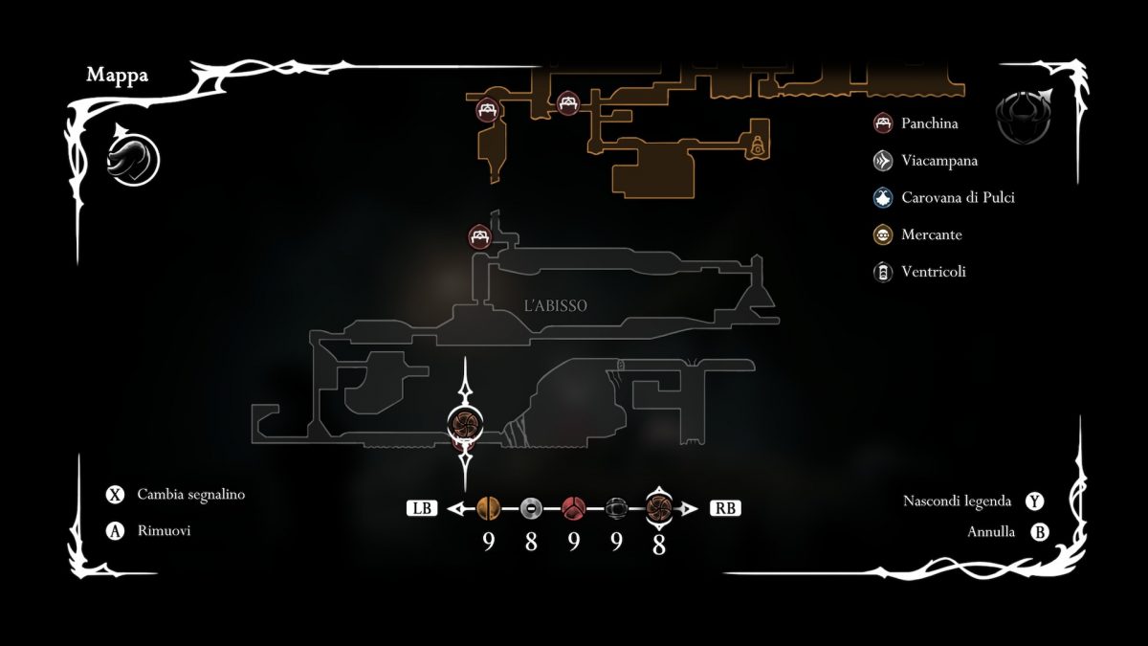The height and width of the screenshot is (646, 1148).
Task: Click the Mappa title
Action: click(x=118, y=76)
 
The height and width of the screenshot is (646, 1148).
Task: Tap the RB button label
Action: click(x=725, y=508)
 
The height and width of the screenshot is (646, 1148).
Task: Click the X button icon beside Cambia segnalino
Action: click(x=116, y=495)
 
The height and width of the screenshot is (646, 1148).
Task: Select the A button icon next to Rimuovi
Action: click(x=116, y=531)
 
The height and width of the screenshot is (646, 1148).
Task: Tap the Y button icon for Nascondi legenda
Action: click(x=1034, y=501)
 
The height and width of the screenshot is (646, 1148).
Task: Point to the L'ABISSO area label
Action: click(x=556, y=306)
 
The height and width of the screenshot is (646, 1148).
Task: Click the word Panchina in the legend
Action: click(x=929, y=123)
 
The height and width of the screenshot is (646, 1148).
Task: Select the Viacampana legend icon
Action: click(x=883, y=161)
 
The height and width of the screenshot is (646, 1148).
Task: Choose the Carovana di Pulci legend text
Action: click(x=958, y=198)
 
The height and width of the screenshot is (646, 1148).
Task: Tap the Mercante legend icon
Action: click(x=883, y=234)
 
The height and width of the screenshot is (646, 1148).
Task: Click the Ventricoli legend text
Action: click(x=933, y=272)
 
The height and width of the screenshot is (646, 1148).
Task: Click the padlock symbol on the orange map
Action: click(x=758, y=145)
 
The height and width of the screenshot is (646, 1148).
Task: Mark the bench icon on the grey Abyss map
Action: click(x=479, y=235)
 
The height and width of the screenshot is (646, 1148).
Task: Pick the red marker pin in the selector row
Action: click(x=573, y=508)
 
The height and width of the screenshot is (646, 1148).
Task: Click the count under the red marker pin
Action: click(x=573, y=543)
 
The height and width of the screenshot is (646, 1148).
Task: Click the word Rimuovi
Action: click(x=164, y=531)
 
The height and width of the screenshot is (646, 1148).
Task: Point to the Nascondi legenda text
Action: click(x=957, y=501)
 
